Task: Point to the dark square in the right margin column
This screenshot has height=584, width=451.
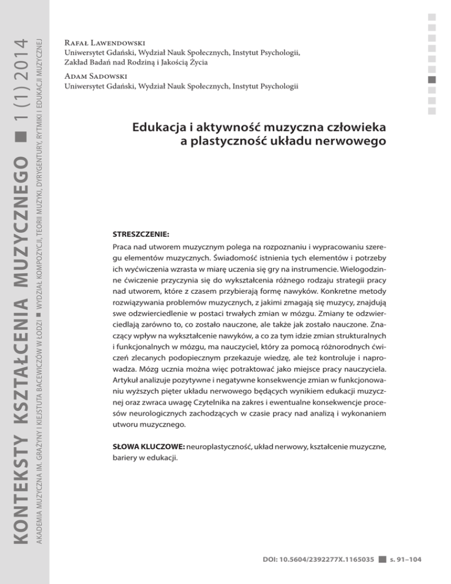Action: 433,79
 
